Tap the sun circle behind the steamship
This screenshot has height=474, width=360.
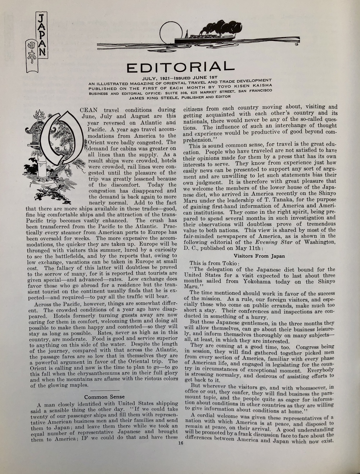point(169,31)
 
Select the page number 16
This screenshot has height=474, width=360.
point(180,443)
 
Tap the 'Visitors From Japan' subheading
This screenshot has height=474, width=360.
point(259,256)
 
